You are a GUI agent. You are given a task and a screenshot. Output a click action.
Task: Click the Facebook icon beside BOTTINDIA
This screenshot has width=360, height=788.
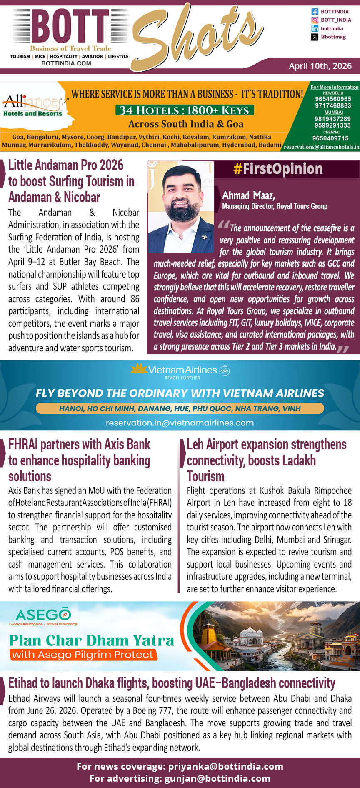(x=315, y=12)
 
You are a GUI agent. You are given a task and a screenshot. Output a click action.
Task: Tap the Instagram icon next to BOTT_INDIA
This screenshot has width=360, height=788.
(x=315, y=20)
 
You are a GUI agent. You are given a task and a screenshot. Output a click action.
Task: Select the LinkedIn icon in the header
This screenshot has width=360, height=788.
(x=315, y=28)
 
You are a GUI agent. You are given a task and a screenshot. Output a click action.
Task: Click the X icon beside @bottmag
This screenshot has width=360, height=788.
(x=315, y=37)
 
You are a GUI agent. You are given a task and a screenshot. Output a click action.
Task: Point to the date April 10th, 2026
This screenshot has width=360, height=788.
(x=320, y=66)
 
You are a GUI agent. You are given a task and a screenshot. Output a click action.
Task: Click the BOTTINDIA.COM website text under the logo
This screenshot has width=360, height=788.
(x=66, y=63)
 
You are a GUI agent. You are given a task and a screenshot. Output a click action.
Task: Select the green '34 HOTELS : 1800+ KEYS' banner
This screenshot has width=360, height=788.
(x=184, y=110)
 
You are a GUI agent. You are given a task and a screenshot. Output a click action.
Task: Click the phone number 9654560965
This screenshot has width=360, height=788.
(x=333, y=99)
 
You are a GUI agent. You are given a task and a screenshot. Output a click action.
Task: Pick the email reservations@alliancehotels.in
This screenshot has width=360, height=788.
(x=321, y=147)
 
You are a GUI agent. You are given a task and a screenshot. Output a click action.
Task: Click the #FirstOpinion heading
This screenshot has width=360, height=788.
(x=278, y=169)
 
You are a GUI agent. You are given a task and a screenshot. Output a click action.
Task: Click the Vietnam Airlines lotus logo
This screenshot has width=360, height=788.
(x=139, y=368)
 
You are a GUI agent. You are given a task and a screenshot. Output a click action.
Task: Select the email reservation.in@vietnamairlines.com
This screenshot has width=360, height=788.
(x=180, y=423)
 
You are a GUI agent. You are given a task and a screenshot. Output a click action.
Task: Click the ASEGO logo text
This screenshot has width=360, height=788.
(x=43, y=615)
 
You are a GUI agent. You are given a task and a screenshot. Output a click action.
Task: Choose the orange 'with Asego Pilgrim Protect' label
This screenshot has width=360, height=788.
(x=83, y=655)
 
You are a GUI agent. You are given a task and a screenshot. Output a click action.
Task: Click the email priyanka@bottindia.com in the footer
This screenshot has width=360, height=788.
(x=225, y=766)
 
